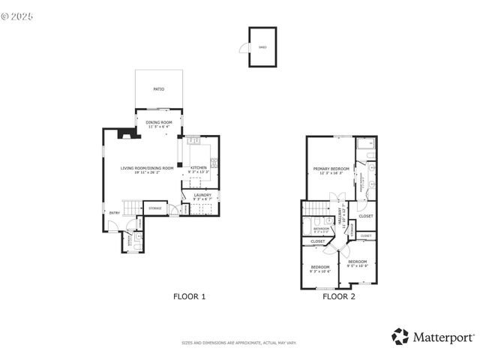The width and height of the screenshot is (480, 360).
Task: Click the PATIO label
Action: coord(159,89)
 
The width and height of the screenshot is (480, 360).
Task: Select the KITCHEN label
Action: coord(199,168)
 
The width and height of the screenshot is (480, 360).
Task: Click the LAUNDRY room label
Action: coord(202,196)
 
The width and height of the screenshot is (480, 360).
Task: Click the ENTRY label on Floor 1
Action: coord(114,213)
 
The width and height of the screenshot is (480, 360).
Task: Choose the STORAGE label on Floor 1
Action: coord(155,208)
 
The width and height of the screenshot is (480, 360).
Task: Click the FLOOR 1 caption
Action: coord(189,296)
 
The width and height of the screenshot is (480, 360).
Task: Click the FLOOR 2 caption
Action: coord(339,296)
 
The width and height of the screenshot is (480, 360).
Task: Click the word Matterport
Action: coord(442,337)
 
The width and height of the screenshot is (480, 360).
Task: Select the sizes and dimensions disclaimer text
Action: coord(239,343)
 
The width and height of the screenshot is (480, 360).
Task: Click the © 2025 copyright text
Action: coord(19,14)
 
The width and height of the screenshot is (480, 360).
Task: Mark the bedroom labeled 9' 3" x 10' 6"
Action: coord(320,269)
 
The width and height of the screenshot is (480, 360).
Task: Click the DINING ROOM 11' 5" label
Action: coord(159,124)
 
